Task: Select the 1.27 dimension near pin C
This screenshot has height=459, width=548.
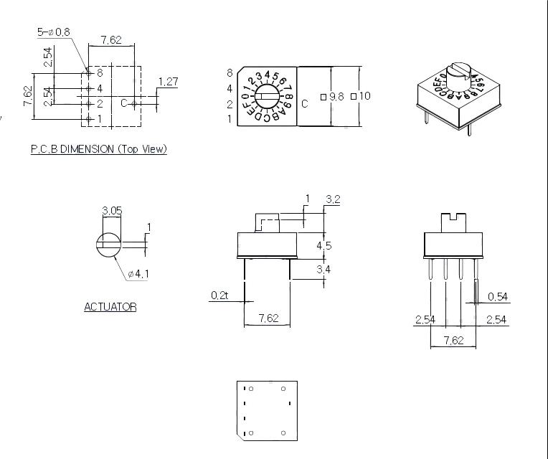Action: click(168, 82)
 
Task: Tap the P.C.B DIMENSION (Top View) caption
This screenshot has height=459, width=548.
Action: click(98, 149)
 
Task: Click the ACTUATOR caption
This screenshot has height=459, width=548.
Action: click(110, 307)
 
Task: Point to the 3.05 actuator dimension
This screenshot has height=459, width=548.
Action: click(111, 211)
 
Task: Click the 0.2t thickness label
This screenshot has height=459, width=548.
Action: click(219, 295)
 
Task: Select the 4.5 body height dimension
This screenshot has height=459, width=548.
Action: click(324, 245)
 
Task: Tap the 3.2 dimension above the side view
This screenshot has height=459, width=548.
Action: click(333, 199)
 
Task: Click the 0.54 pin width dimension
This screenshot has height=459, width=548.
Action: click(498, 297)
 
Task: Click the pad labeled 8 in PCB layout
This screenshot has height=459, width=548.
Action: click(88, 73)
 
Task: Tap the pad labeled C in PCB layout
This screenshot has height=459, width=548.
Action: click(134, 104)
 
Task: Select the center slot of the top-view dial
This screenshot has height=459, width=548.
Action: click(266, 96)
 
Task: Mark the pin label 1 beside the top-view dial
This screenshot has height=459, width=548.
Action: click(230, 119)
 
